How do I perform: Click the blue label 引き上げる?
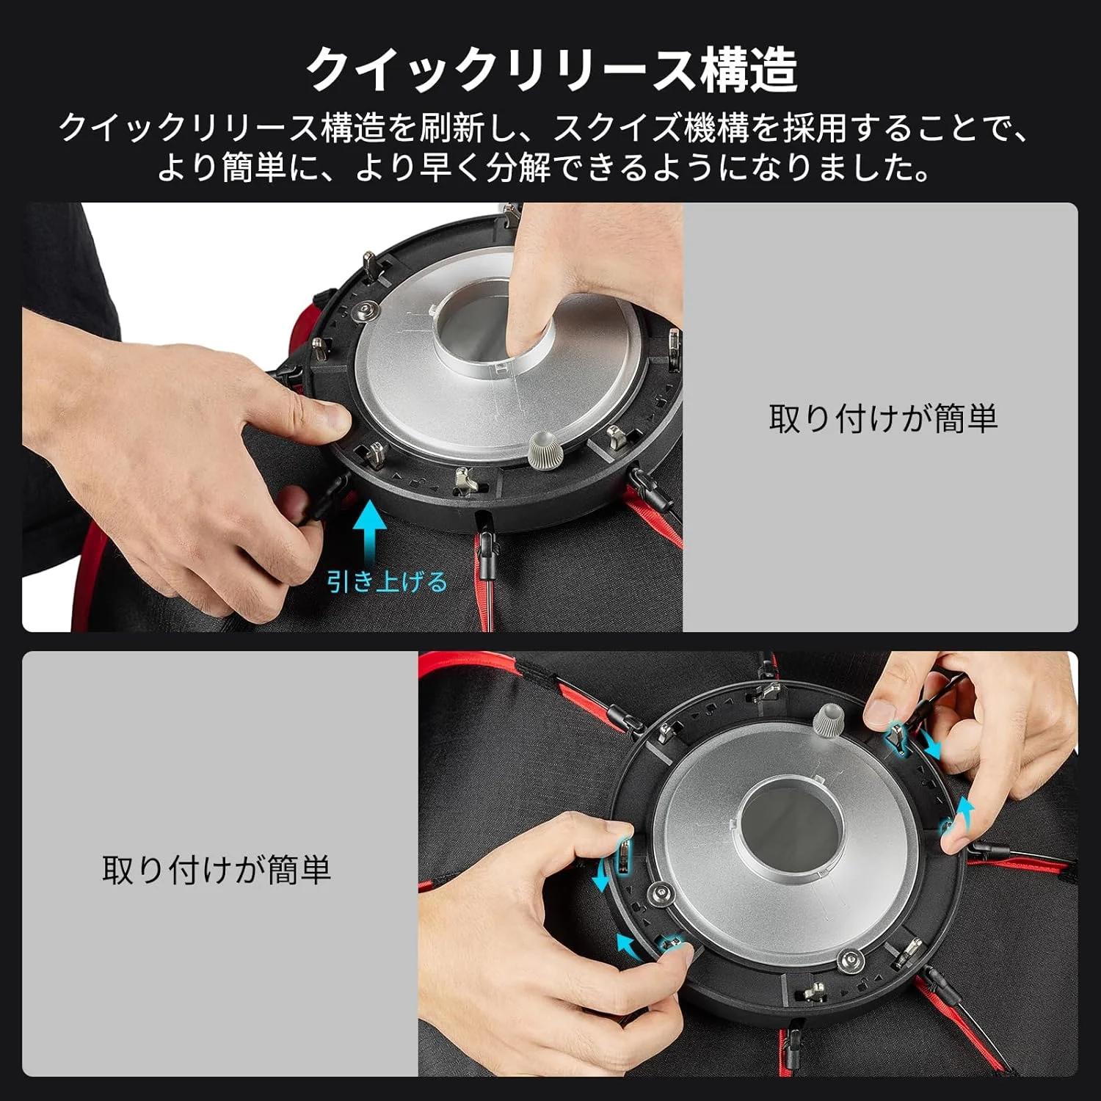pos(387,582)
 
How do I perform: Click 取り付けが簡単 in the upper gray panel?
pos(883,418)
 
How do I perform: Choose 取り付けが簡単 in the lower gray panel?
pos(217,870)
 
